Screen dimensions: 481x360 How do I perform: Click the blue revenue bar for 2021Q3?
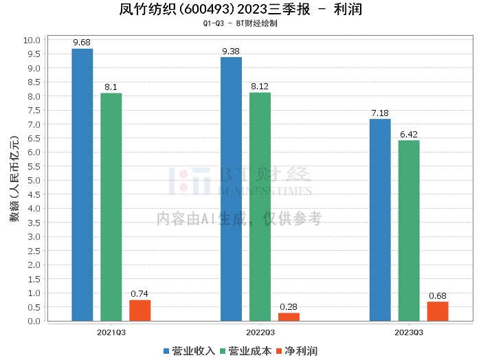[82, 185]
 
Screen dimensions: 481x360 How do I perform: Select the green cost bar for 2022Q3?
[260, 207]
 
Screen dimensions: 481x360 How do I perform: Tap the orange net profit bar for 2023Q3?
[438, 311]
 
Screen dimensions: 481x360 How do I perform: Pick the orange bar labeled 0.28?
[289, 317]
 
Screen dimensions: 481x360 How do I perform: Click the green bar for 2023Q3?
[409, 231]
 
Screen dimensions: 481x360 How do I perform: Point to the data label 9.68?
[82, 43]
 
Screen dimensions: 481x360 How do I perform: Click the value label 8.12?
[260, 87]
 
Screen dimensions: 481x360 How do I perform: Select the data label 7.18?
[380, 113]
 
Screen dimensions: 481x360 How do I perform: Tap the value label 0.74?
[139, 294]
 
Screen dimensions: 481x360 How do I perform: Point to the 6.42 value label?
[409, 134]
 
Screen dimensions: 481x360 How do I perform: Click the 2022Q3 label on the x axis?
[260, 333]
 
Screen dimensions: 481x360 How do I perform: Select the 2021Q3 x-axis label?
[111, 333]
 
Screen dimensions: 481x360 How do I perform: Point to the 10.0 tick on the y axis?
[32, 40]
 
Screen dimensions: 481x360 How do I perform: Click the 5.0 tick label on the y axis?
[34, 180]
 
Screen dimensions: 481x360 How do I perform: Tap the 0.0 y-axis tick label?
[34, 321]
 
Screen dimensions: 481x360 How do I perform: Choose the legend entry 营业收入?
[189, 351]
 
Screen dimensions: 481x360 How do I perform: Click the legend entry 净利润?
[297, 351]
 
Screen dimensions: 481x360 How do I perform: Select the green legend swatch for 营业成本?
[223, 352]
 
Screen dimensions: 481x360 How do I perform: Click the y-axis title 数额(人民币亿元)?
[14, 179]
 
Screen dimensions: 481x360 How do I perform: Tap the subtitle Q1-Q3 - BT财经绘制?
[240, 23]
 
